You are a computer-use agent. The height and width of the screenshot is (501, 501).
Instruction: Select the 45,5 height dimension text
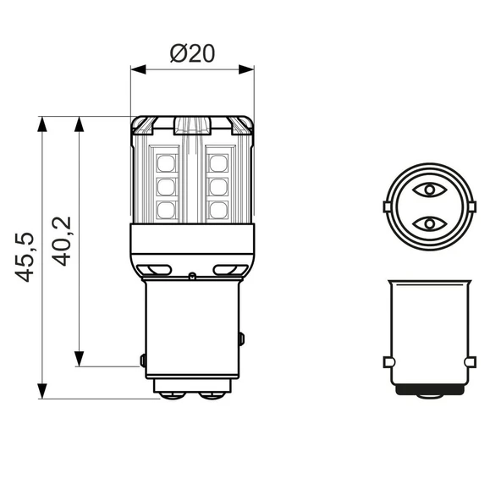click(25, 257)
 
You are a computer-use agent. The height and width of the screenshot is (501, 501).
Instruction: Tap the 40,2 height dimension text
click(62, 241)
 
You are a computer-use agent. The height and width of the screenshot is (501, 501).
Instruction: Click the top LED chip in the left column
click(166, 161)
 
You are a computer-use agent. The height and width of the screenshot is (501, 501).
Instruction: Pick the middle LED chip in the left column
click(166, 184)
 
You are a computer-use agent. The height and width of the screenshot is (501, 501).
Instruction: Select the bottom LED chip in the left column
click(166, 208)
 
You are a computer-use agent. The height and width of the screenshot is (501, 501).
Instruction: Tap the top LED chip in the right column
click(219, 161)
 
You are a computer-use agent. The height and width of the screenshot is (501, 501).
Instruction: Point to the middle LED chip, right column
click(219, 184)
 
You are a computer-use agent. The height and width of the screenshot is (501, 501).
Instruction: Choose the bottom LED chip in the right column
click(219, 208)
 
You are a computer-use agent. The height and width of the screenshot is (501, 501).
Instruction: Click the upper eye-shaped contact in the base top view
click(431, 190)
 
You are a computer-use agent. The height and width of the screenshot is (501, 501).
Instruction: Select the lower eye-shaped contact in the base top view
click(431, 223)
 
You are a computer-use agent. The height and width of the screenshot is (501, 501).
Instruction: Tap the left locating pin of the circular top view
click(388, 206)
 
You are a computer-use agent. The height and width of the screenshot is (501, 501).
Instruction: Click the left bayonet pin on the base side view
click(388, 362)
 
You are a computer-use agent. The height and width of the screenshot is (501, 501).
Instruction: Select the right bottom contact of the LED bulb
click(212, 394)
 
